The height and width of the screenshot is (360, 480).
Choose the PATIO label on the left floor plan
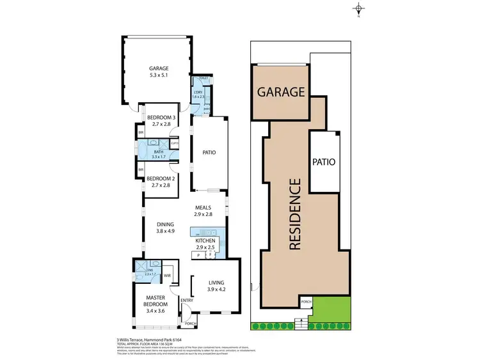click(209, 153)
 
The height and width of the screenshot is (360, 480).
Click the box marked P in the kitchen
click(198, 255)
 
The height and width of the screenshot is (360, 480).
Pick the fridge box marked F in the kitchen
click(209, 255)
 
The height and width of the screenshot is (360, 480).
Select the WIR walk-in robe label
click(167, 276)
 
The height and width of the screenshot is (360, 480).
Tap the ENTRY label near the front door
click(186, 301)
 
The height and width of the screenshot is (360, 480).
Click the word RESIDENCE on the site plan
click(295, 213)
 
